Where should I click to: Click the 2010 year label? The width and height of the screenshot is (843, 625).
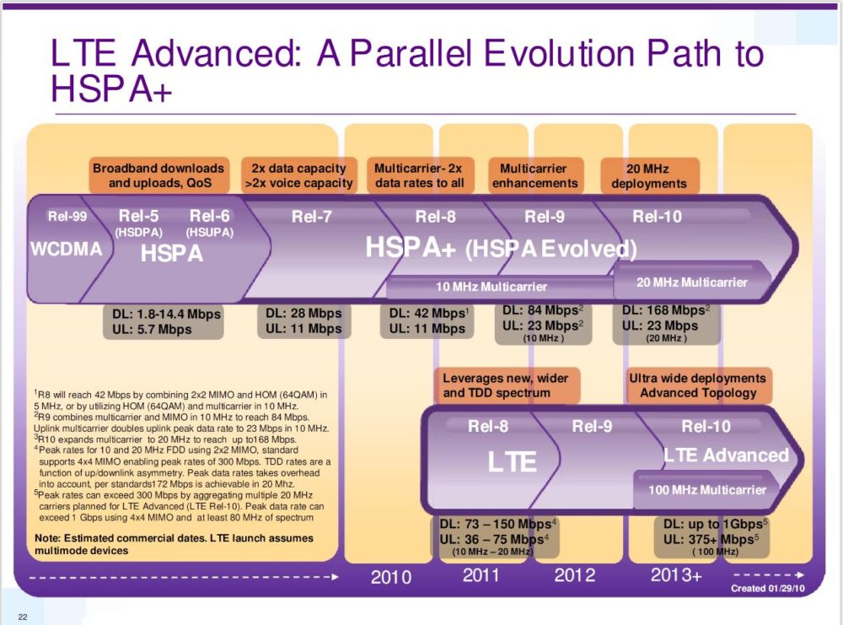(x=391, y=577)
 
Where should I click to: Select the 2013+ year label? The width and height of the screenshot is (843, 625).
(x=675, y=576)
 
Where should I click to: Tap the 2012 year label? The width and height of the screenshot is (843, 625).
(x=574, y=576)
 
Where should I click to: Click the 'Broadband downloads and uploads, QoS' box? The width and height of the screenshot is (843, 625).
(x=158, y=175)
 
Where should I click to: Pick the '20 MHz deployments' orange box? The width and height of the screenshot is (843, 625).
(x=649, y=175)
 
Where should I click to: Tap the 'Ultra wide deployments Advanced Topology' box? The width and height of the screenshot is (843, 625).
(x=697, y=385)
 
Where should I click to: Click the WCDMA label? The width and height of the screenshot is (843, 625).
(x=66, y=250)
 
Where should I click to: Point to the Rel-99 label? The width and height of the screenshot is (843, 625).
(x=67, y=216)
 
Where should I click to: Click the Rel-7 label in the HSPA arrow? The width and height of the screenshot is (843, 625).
(x=312, y=217)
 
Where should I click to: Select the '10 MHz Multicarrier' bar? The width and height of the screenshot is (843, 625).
(x=491, y=287)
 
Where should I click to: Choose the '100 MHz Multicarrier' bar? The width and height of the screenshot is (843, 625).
(x=706, y=489)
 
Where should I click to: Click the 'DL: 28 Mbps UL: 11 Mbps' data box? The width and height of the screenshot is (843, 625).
(x=303, y=321)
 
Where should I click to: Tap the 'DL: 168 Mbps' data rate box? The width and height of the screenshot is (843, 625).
(x=666, y=323)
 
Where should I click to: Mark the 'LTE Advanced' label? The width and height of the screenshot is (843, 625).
(x=726, y=455)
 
